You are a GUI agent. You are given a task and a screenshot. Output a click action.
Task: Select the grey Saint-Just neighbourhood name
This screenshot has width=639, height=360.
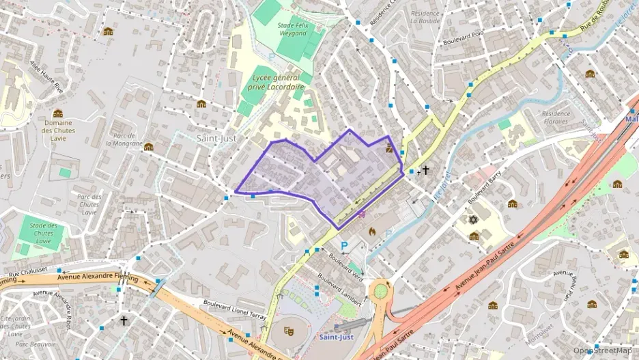pyautogui.click(x=216, y=137)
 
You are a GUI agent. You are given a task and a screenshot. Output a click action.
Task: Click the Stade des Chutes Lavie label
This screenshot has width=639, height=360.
pyautogui.click(x=44, y=233)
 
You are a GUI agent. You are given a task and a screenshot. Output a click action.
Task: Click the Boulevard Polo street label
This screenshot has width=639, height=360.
pyautogui.click(x=463, y=42)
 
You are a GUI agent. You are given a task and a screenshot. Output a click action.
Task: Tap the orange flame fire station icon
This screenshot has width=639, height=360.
pyautogui.click(x=372, y=232)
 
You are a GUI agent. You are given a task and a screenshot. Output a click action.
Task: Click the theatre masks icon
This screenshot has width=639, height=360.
pyautogui.click(x=289, y=330)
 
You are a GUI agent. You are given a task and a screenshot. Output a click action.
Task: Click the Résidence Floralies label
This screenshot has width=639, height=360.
pyautogui.click(x=554, y=117)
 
